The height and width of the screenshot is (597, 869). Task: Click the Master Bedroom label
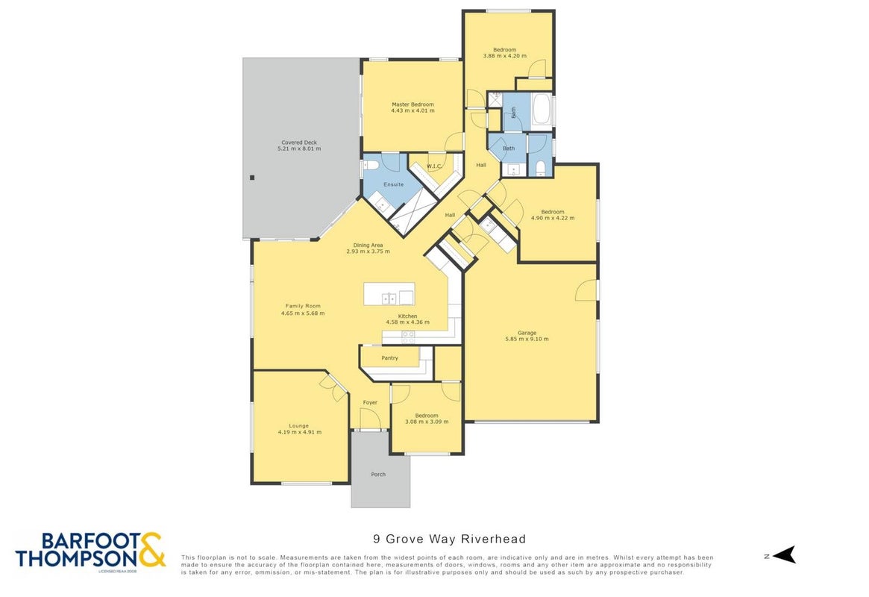coord(412,104)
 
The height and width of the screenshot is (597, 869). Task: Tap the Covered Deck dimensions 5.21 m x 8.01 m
coord(299,149)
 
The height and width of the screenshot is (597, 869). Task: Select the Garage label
coord(527,333)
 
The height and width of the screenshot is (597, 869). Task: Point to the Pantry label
coord(389,358)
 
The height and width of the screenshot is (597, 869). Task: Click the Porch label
coord(378,475)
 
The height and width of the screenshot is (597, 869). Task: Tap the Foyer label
coord(370,402)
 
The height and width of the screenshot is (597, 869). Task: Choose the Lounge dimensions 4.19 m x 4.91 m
coord(299,432)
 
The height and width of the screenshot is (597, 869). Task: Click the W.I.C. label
coord(434,166)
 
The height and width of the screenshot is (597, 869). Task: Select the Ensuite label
coord(394,184)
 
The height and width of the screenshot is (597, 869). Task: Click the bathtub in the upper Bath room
coord(541,110)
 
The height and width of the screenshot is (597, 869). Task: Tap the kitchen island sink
coord(389,298)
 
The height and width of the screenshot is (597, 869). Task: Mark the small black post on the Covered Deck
coord(252,178)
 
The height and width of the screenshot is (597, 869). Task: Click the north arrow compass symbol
coord(784,554)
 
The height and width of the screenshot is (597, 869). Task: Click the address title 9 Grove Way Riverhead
coord(449,539)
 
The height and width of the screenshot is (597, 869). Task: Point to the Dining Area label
coord(368,245)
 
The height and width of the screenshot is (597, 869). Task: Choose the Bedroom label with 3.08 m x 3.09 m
coord(427,415)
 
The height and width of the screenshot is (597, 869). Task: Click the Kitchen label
coord(407,316)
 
